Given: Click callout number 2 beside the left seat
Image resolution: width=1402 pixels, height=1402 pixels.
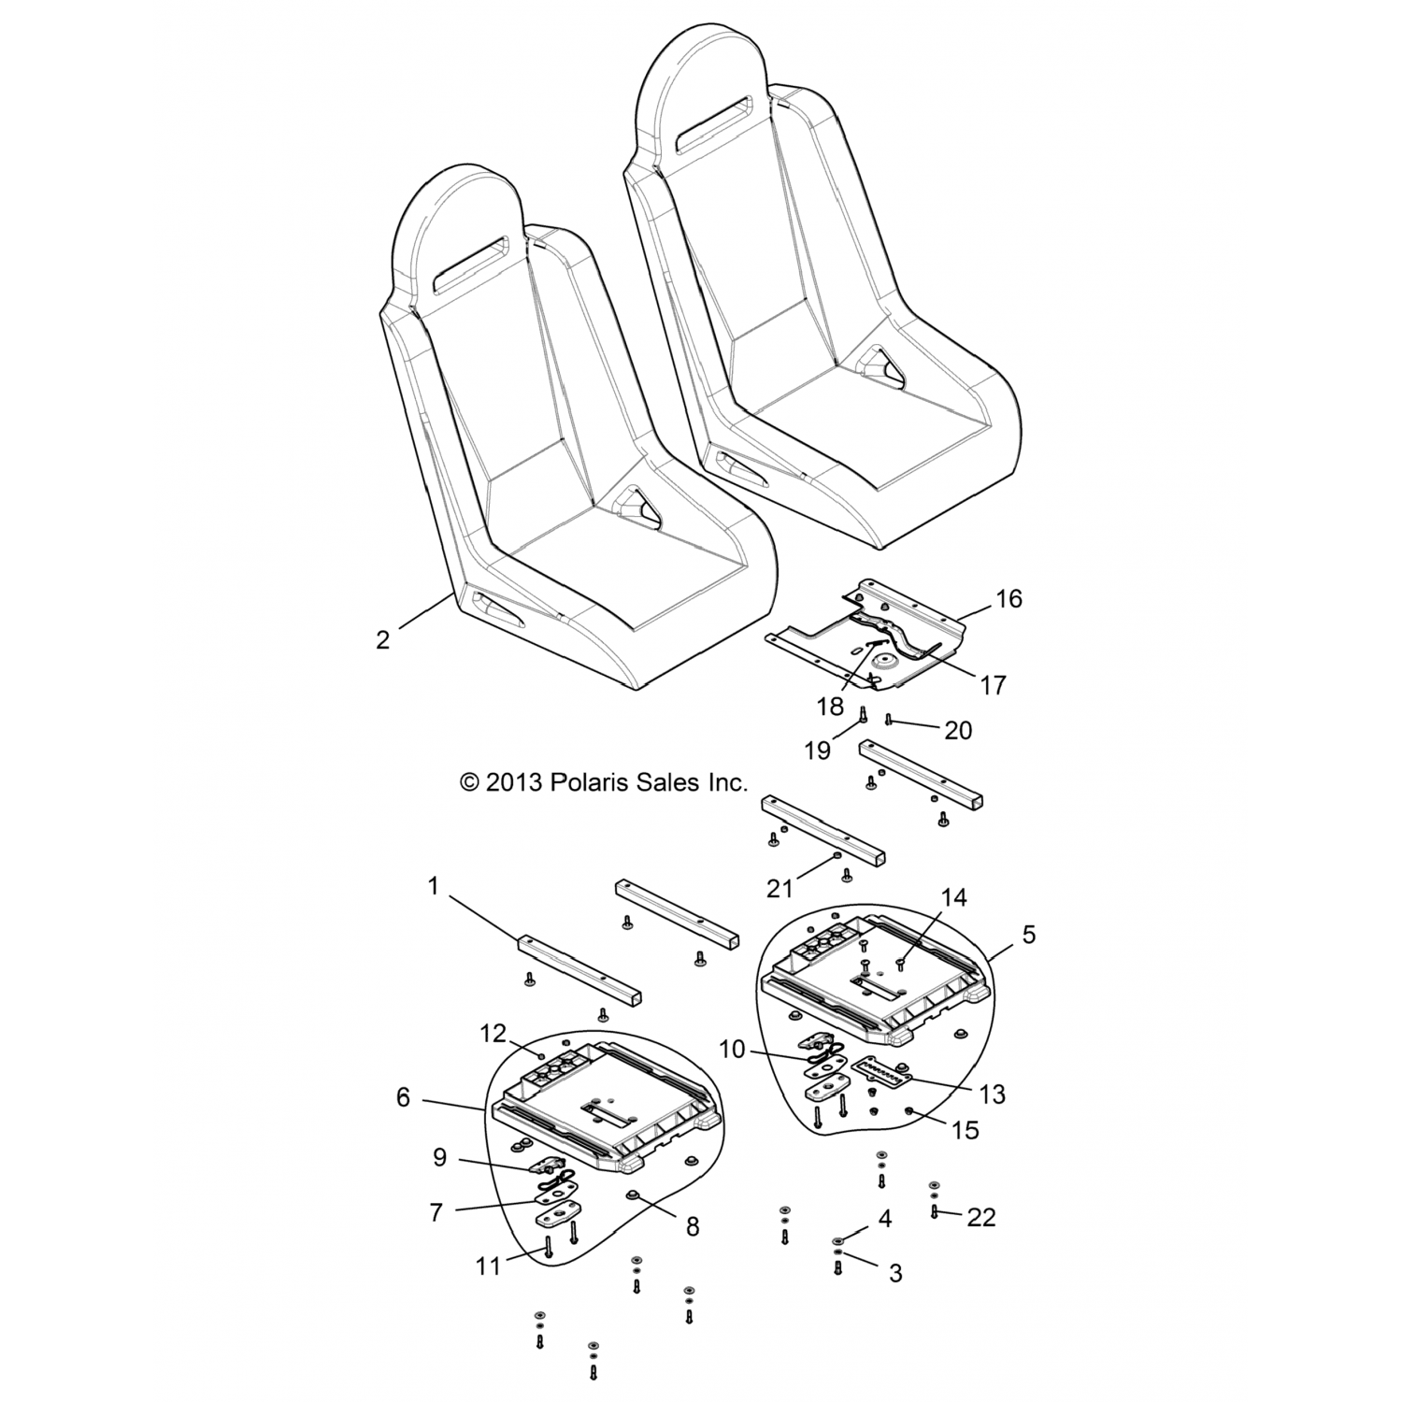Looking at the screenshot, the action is [x=382, y=641].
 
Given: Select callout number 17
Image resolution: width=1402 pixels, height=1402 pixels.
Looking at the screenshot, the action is [x=993, y=684].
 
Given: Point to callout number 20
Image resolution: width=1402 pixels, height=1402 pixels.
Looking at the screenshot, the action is [x=958, y=730].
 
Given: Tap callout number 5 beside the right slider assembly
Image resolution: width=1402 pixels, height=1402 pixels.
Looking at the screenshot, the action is [x=1028, y=934].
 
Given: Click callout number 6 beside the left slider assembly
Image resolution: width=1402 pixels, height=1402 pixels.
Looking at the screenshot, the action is [x=404, y=1096].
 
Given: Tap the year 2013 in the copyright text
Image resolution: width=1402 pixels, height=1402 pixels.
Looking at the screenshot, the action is [x=513, y=782].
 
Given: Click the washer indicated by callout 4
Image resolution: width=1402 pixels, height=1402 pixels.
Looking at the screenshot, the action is [x=838, y=1241].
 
